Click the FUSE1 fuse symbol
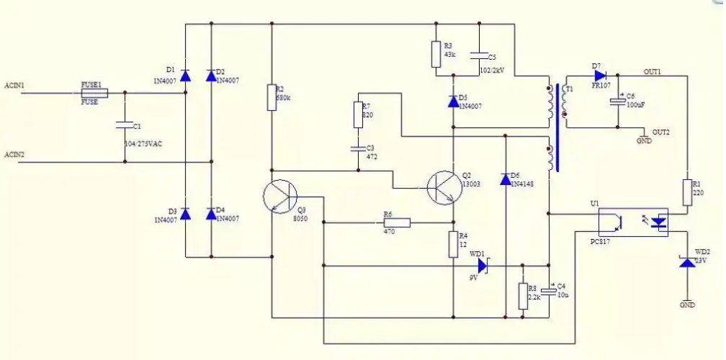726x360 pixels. [x=94, y=93]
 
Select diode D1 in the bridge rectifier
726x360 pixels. [x=186, y=74]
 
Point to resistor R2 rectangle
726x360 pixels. [x=272, y=97]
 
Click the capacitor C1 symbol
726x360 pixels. [x=125, y=126]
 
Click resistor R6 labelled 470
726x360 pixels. [x=397, y=222]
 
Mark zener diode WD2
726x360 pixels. [x=688, y=264]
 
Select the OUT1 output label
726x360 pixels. [x=652, y=72]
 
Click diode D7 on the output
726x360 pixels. [x=599, y=75]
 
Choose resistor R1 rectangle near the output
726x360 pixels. [x=688, y=193]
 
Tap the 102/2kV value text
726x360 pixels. [x=493, y=71]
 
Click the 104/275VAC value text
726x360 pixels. [x=143, y=144]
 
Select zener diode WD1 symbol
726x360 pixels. [x=483, y=266]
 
